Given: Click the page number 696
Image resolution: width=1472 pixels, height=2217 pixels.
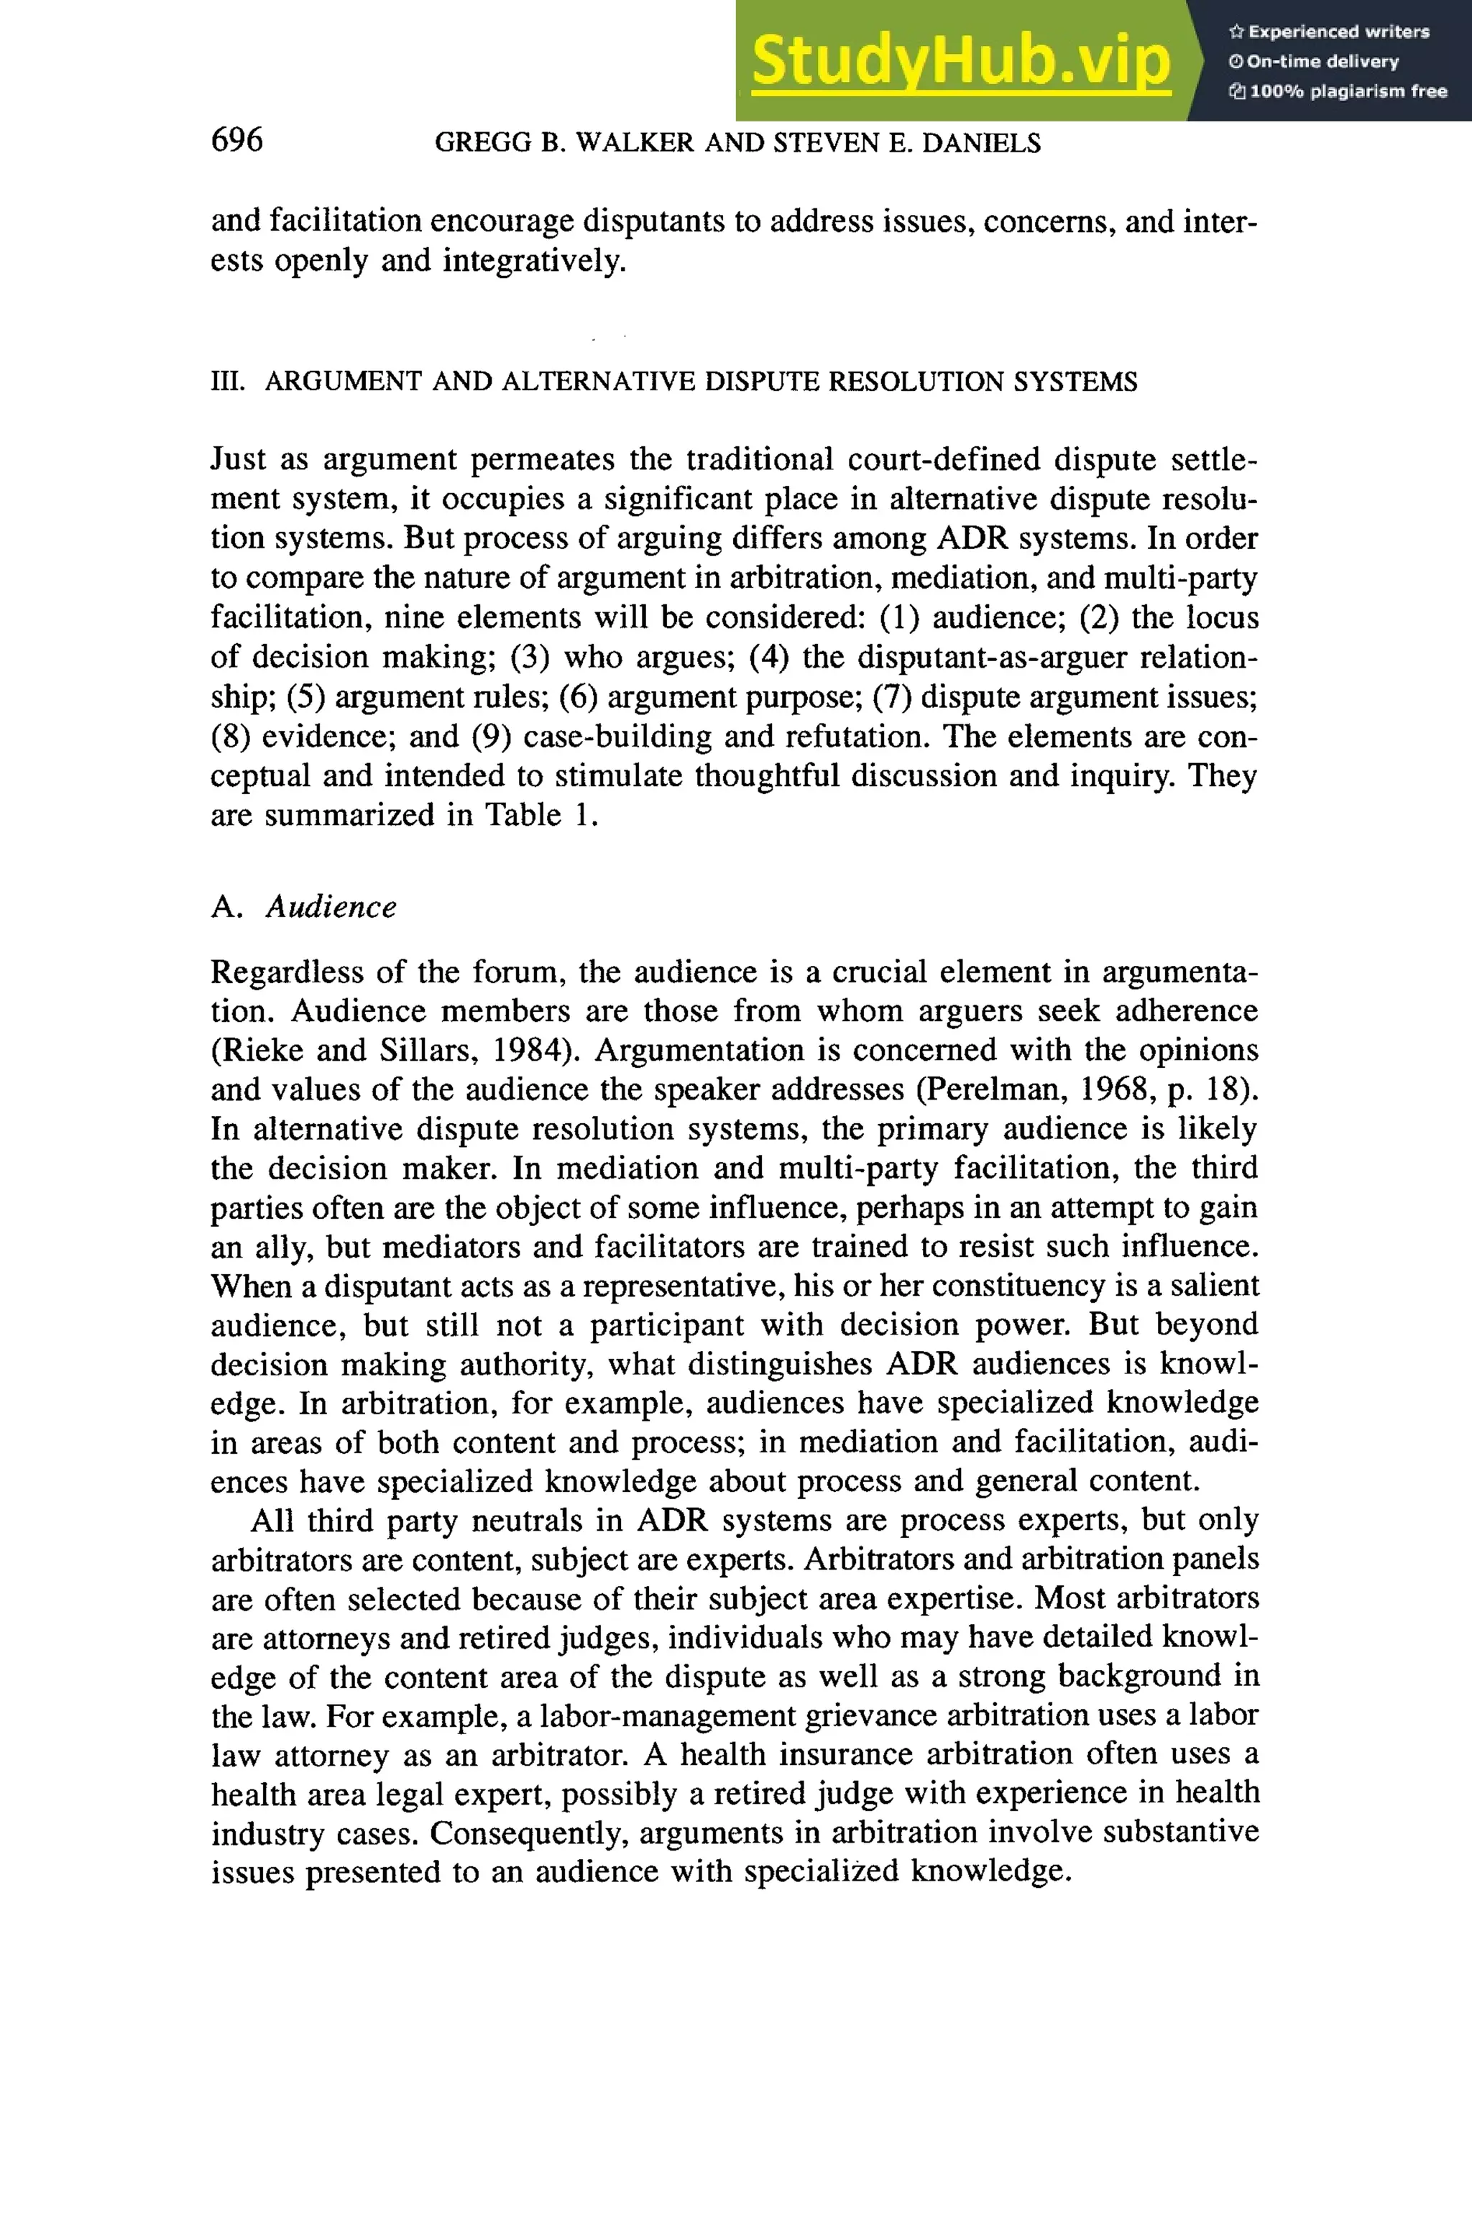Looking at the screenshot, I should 236,140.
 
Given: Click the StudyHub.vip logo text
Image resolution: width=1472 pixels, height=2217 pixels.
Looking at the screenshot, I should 960,61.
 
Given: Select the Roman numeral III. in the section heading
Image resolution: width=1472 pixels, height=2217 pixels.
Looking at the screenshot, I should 227,382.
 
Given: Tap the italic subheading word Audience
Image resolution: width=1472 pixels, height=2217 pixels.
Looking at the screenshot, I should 331,907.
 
